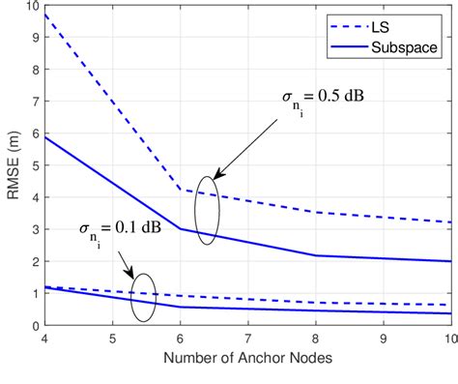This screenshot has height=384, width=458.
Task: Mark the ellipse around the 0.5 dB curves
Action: [209, 209]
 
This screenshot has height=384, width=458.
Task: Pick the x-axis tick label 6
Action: [180, 340]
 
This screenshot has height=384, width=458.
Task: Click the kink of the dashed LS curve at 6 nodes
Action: [181, 190]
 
